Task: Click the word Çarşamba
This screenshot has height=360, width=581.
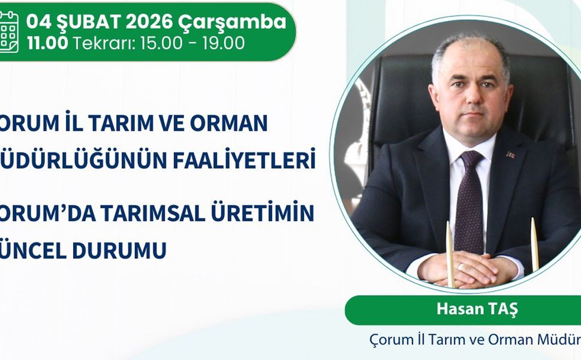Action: click(x=233, y=23)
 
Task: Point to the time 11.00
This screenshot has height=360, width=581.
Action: click(x=47, y=43)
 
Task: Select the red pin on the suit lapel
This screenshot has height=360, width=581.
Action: click(x=510, y=154)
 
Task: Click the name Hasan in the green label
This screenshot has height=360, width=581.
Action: click(x=454, y=310)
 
